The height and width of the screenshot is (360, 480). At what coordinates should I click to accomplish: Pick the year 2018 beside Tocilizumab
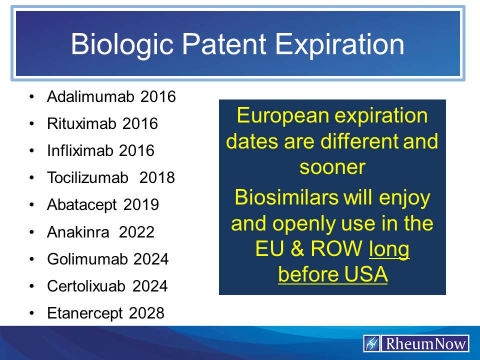click(157, 177)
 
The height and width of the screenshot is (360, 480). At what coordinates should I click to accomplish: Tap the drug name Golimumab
click(88, 259)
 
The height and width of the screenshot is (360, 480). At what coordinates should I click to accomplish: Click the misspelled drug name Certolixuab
click(87, 286)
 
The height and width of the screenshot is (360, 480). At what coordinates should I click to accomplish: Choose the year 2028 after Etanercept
click(146, 313)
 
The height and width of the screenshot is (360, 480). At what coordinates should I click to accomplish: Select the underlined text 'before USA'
click(333, 275)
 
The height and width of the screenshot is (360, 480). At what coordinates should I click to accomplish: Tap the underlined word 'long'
click(389, 249)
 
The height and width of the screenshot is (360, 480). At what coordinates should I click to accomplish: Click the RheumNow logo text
click(425, 344)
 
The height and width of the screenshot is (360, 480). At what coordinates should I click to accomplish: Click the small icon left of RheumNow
click(372, 344)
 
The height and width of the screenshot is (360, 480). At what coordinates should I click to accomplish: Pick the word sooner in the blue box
click(332, 167)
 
